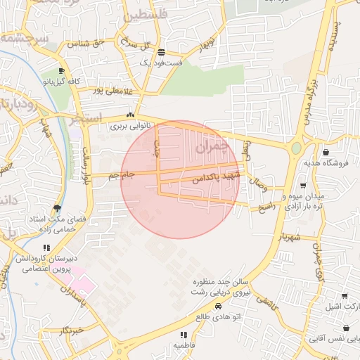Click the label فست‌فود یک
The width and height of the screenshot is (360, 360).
[x=162, y=63]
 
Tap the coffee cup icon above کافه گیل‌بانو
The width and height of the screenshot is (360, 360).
[x=61, y=71]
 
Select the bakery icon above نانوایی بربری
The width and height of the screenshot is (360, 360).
[x=129, y=115]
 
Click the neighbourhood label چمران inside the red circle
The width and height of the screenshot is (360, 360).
[x=212, y=148]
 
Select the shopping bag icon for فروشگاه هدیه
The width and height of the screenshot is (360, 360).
[x=326, y=152]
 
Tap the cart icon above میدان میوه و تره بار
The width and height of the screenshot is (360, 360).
[x=302, y=186]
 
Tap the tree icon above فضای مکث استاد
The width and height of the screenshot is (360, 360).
[x=57, y=208]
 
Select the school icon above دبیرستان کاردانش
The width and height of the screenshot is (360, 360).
[x=46, y=248]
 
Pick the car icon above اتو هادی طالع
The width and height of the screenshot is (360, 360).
[x=218, y=307]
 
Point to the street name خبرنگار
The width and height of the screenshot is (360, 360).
[x=72, y=329]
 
